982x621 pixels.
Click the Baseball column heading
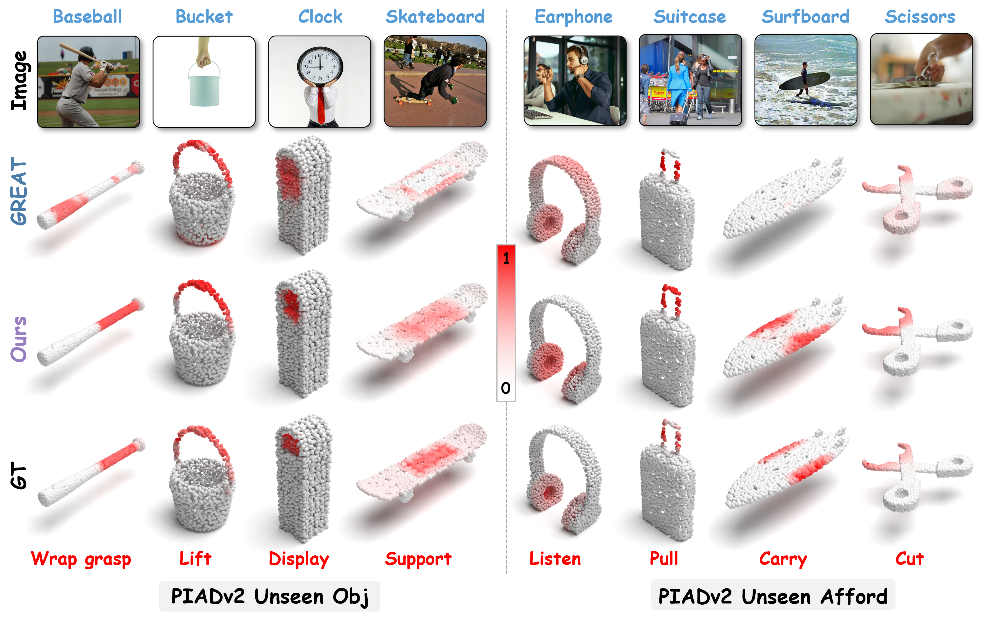pos(87,17)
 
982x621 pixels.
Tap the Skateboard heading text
pos(435,17)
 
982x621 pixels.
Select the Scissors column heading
pos(920,17)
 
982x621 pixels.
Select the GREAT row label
pos(19,191)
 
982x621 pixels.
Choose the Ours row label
pos(19,339)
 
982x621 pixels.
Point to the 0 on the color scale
pos(506,388)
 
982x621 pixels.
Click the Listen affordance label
pos(555,559)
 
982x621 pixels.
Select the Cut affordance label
pos(909,559)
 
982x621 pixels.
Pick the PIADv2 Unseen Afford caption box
pos(773,596)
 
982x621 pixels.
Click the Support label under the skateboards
pos(418,559)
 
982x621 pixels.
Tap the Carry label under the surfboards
pos(783,559)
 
